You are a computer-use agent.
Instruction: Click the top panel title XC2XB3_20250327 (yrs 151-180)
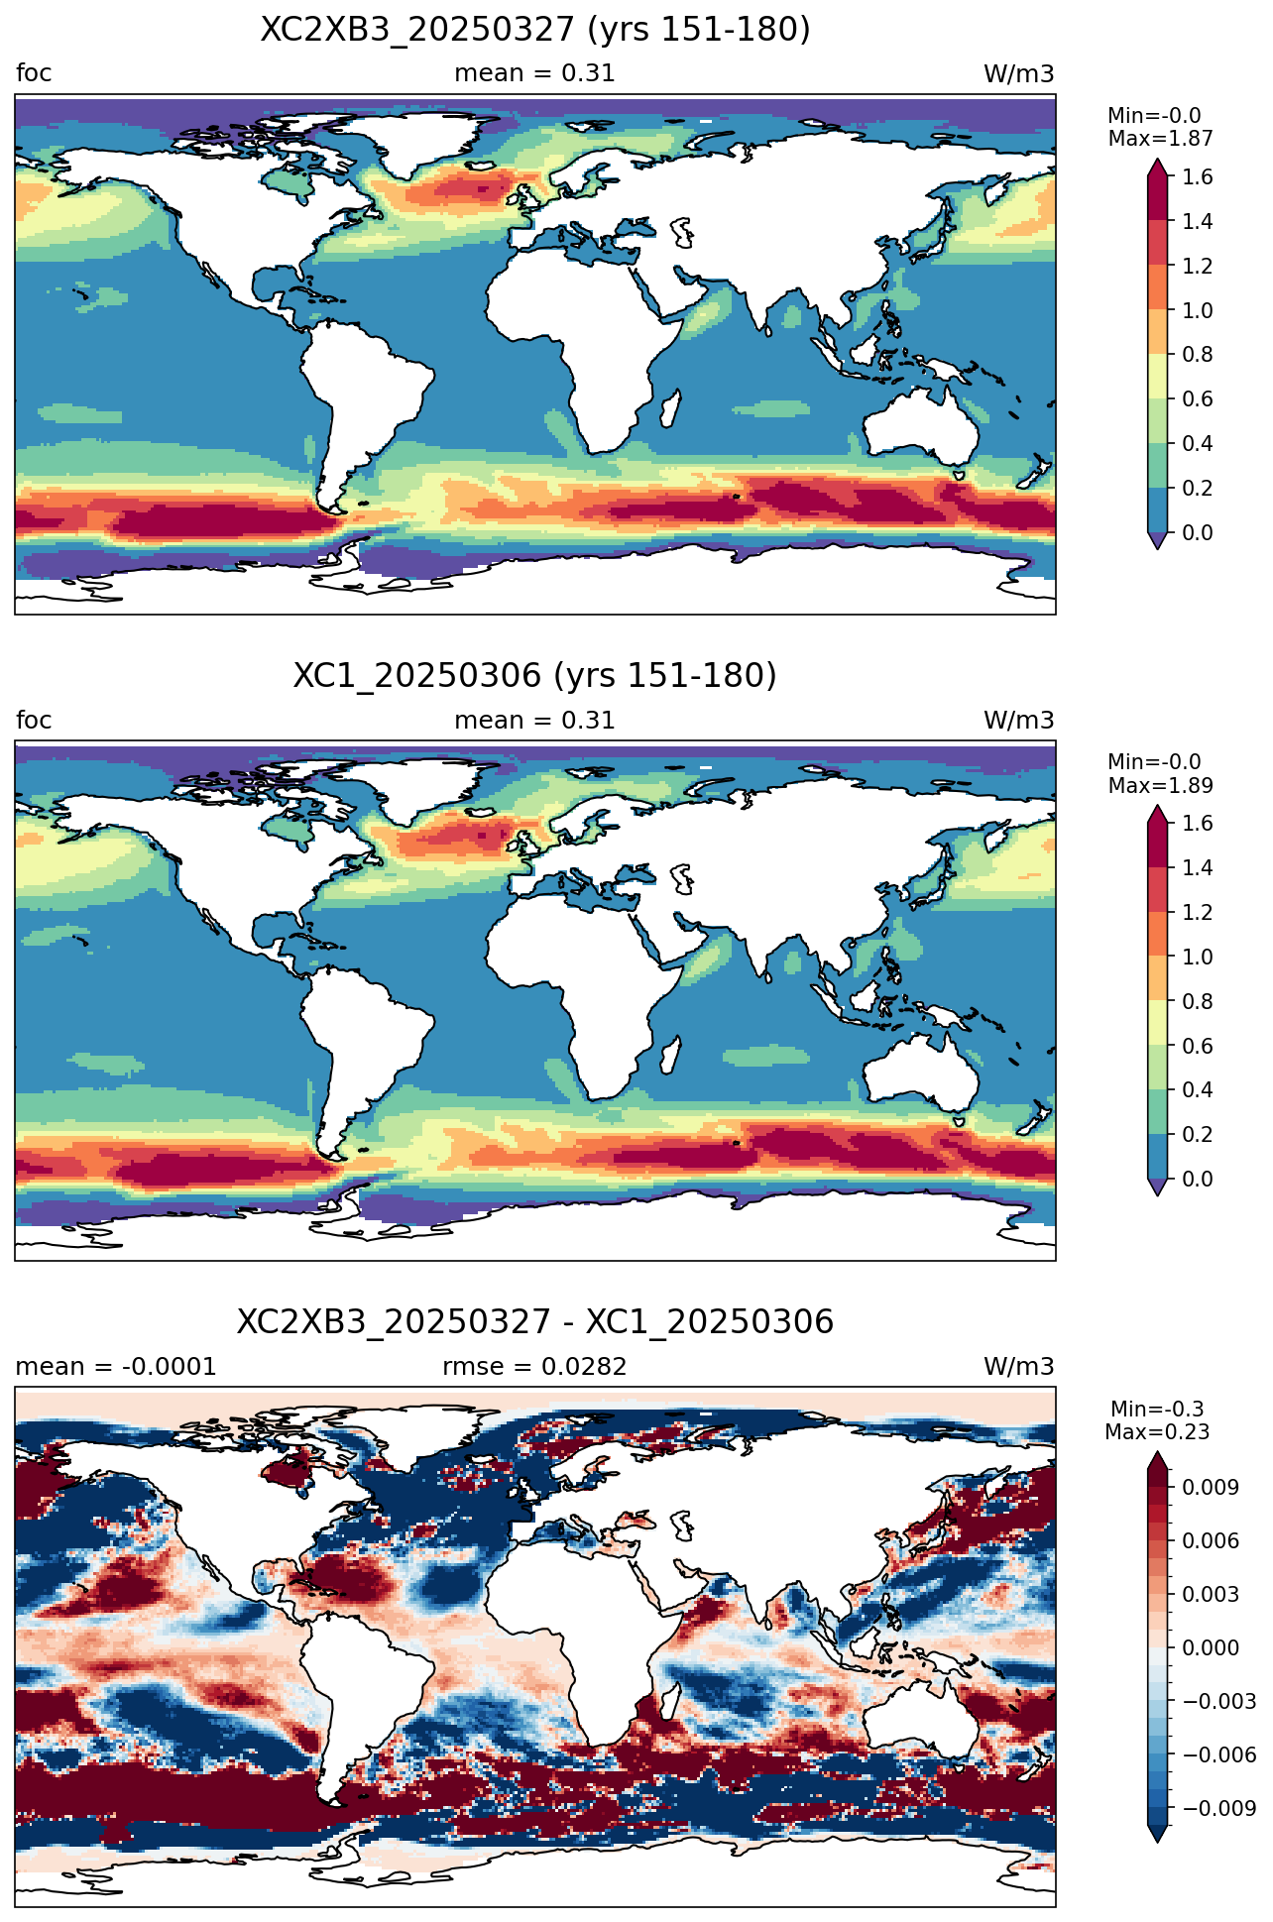[535, 30]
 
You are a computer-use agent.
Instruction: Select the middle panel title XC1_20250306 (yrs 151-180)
[535, 676]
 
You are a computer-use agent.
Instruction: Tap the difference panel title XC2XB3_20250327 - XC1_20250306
[535, 1322]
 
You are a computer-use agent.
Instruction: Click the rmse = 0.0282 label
[534, 1367]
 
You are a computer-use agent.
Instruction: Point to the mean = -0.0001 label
[116, 1367]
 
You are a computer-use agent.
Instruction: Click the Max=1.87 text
[1160, 139]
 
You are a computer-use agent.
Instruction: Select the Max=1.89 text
[1160, 786]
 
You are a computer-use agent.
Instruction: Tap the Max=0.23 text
[1157, 1432]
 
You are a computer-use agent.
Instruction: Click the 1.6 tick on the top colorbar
[1197, 176]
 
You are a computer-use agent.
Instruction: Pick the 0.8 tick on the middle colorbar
[1197, 1001]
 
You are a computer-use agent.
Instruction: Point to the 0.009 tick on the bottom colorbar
[1210, 1487]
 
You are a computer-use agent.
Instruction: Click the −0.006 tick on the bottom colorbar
[1218, 1754]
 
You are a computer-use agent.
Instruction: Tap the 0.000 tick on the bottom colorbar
[1210, 1647]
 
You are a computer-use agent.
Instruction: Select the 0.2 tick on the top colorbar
[1197, 488]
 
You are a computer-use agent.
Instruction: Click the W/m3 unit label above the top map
[1019, 74]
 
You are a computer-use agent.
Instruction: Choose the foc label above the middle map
[34, 721]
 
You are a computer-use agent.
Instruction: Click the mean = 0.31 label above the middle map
[534, 721]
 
